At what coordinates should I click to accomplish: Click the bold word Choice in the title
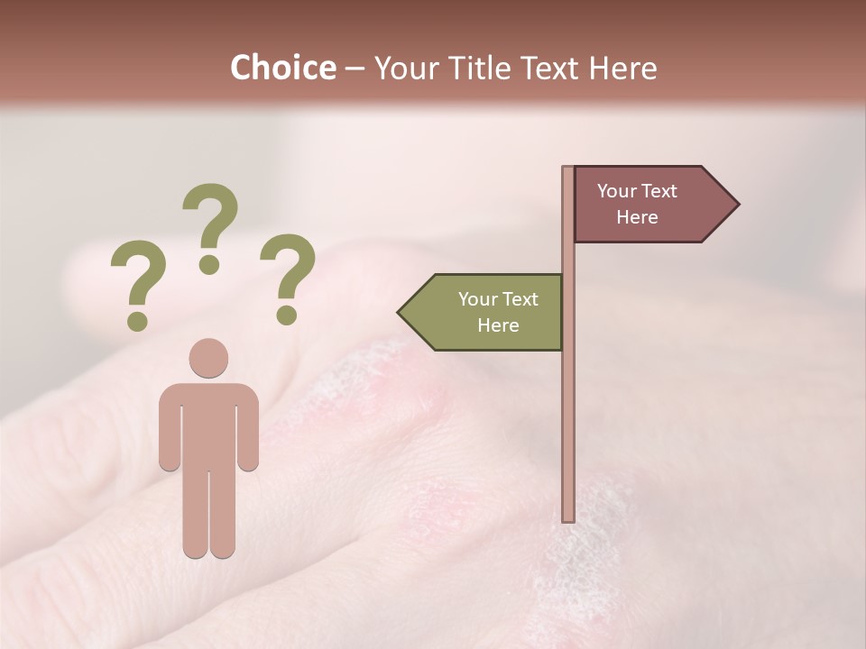click(x=282, y=69)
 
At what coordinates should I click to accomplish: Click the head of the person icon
click(x=209, y=358)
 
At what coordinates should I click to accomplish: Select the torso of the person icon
click(x=209, y=424)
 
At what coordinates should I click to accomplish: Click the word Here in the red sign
click(x=637, y=217)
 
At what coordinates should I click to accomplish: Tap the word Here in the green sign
click(x=498, y=325)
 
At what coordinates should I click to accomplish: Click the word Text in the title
click(x=546, y=69)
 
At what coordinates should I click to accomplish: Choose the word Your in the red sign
click(x=617, y=191)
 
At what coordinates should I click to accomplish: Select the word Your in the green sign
click(x=478, y=299)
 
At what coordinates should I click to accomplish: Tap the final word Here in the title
click(x=622, y=69)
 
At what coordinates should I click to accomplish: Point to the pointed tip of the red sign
click(x=737, y=205)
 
